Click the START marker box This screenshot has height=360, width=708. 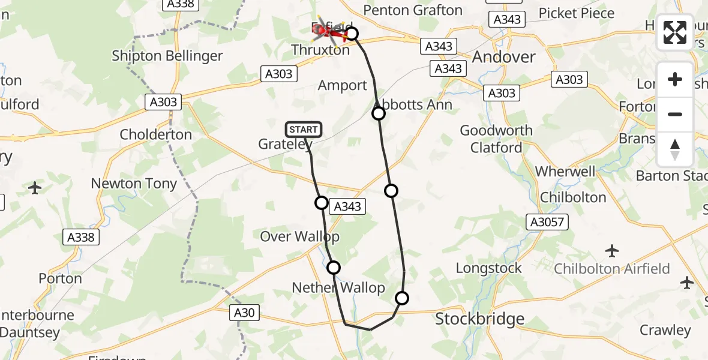pos(304,129)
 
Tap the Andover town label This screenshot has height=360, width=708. pos(503,57)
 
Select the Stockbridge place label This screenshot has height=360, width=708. pos(479,319)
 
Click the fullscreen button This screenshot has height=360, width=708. pos(675,32)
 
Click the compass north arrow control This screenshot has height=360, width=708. pos(675,149)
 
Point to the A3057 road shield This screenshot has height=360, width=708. pos(547,222)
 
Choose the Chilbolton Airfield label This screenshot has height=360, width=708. pos(611,268)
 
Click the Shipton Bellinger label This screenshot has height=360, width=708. pos(167,56)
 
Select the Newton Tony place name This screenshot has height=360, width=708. pos(134,184)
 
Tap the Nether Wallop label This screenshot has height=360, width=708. pos(338,288)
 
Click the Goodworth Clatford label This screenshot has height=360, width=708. pos(496,139)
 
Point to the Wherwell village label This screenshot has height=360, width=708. pos(565,172)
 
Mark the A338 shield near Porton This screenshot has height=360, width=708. pos(81,238)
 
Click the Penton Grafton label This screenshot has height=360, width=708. pos(413,10)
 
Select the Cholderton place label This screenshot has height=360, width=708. pos(156,134)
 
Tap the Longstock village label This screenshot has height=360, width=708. pos(489,268)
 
